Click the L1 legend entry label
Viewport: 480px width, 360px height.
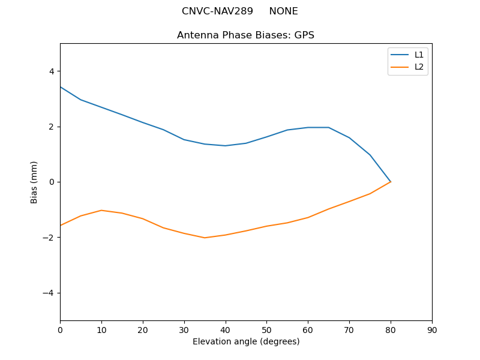[x=419, y=55]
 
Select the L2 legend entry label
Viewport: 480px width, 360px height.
[x=419, y=67]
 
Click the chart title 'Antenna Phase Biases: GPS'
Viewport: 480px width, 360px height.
[x=245, y=35]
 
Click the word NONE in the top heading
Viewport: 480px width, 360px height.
[x=283, y=11]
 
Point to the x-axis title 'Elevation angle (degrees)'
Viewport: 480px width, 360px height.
[x=245, y=341]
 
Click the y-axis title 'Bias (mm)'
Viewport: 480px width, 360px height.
[x=34, y=182]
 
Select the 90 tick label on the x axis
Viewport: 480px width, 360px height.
[x=432, y=329]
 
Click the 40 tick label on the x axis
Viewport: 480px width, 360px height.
[x=225, y=329]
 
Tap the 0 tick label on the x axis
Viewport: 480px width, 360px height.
[x=60, y=329]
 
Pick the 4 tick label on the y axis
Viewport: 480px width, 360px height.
[x=51, y=71]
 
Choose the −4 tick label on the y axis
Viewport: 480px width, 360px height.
[x=49, y=293]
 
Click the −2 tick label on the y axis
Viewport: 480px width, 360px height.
[x=49, y=238]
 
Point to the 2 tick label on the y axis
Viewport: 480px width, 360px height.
[x=51, y=127]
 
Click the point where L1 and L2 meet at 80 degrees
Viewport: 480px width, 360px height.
[x=391, y=182]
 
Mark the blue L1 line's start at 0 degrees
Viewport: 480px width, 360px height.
[x=60, y=87]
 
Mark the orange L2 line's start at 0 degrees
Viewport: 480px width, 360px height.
[x=60, y=226]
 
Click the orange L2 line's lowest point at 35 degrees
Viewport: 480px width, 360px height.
[x=205, y=238]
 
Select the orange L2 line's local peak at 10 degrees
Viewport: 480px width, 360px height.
[x=101, y=210]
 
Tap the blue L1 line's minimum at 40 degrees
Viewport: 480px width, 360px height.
[x=225, y=146]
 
